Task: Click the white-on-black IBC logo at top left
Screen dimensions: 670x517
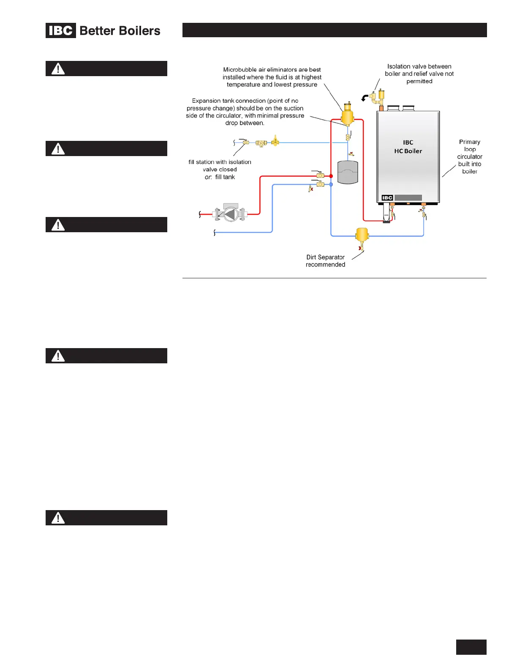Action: coord(61,30)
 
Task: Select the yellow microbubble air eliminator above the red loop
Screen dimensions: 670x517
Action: coord(347,115)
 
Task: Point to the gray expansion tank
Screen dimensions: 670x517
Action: coord(348,172)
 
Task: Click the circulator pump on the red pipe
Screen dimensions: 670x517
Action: coord(230,214)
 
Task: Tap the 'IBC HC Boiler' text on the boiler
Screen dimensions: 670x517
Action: coord(408,147)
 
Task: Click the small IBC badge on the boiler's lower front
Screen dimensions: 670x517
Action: coord(387,198)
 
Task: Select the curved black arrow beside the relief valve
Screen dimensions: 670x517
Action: coord(364,98)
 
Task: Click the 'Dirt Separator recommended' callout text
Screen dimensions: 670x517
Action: coord(325,261)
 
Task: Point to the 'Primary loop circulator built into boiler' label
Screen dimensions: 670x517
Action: coord(470,157)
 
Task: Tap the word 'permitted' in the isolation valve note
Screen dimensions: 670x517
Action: coord(419,81)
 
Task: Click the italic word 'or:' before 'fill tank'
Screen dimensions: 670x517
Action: coord(208,177)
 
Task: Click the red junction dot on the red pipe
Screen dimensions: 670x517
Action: coord(331,176)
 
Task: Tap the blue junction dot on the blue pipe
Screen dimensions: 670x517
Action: coord(331,184)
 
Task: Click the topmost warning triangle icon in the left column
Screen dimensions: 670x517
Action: coord(58,69)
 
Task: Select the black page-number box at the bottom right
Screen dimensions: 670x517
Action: coord(471,647)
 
